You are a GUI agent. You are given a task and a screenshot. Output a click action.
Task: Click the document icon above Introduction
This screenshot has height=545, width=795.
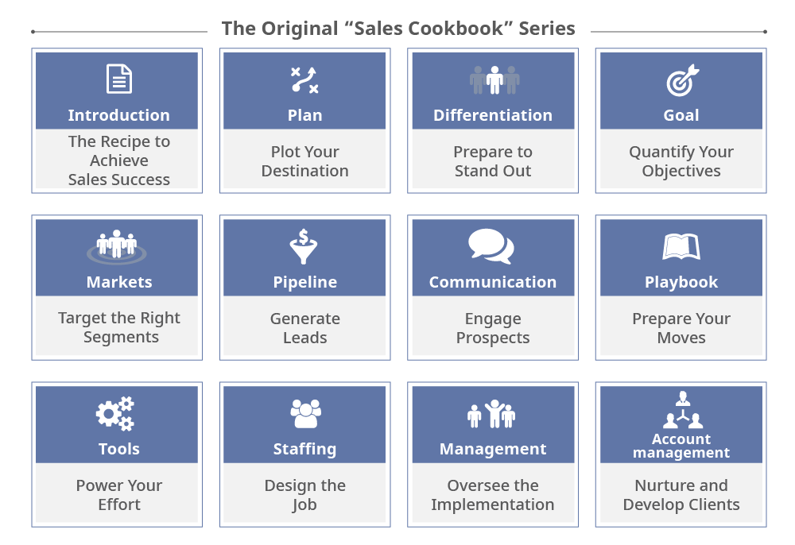pos(119,79)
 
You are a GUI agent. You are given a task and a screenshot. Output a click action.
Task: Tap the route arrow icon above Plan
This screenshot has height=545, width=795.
pos(304,80)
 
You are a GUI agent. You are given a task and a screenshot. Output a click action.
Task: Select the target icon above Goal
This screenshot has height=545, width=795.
pos(682,80)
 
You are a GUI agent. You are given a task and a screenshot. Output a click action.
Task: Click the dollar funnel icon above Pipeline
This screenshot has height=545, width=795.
pos(304,246)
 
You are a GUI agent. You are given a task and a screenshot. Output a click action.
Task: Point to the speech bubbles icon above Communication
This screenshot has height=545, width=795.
pos(491,246)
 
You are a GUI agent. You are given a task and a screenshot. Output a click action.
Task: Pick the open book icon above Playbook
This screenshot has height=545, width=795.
pos(681,246)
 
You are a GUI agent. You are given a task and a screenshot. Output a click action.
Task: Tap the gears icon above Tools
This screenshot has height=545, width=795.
pos(115,413)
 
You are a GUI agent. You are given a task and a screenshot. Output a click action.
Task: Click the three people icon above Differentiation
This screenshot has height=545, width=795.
pos(494,80)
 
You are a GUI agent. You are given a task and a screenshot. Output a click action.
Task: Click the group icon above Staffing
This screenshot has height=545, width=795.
pos(305,414)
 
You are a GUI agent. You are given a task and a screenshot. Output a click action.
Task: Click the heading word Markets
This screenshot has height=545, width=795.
pos(119,282)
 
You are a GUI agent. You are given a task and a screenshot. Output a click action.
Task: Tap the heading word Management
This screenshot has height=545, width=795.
pos(493,450)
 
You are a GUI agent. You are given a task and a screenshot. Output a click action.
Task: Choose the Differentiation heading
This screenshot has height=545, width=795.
pos(493,115)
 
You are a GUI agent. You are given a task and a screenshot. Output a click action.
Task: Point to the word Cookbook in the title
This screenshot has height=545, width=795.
pos(429,29)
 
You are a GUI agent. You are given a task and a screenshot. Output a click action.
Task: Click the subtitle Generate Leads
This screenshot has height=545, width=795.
pos(305,328)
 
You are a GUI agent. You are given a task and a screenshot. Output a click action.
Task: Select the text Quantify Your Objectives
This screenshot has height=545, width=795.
pos(681,161)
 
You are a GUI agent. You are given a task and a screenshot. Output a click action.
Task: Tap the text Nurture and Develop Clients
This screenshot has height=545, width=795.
pos(681,495)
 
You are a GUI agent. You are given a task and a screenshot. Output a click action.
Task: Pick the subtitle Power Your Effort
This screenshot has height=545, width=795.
pos(119,495)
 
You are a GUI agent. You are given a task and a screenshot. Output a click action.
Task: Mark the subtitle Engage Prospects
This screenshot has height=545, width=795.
pos(493,328)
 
